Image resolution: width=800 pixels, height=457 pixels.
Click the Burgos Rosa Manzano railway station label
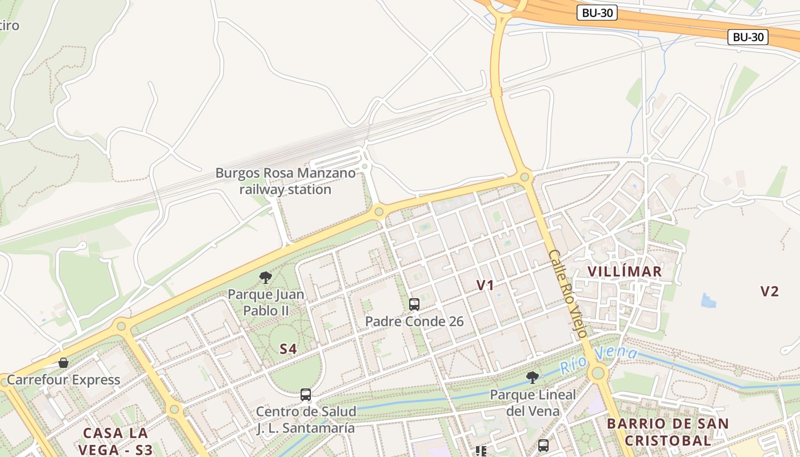point(285,181)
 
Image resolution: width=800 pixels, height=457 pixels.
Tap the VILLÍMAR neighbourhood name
point(625,271)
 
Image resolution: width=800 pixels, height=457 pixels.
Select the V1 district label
point(485,285)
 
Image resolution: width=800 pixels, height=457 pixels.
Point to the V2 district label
point(769,291)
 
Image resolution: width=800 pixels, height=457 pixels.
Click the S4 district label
point(288,348)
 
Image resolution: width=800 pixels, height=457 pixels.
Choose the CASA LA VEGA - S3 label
point(115,441)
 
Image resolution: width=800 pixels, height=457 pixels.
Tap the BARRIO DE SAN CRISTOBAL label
point(667,432)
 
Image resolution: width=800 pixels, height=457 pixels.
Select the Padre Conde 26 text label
point(414,322)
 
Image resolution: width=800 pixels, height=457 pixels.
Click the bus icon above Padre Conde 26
point(414,304)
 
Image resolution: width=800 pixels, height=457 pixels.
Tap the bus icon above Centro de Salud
point(306,394)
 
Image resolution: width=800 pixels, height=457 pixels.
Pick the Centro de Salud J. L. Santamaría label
point(306,419)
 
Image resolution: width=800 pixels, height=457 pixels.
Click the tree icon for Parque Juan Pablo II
point(265,278)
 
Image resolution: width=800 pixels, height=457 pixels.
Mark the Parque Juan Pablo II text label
point(266,303)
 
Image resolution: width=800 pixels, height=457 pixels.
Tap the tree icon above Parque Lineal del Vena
point(533,377)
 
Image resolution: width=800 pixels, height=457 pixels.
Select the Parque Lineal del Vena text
point(533,402)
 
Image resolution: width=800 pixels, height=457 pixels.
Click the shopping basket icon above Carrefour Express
point(63,363)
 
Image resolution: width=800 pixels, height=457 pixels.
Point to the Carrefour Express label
point(63,380)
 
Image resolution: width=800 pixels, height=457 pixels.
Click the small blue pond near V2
point(709,300)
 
